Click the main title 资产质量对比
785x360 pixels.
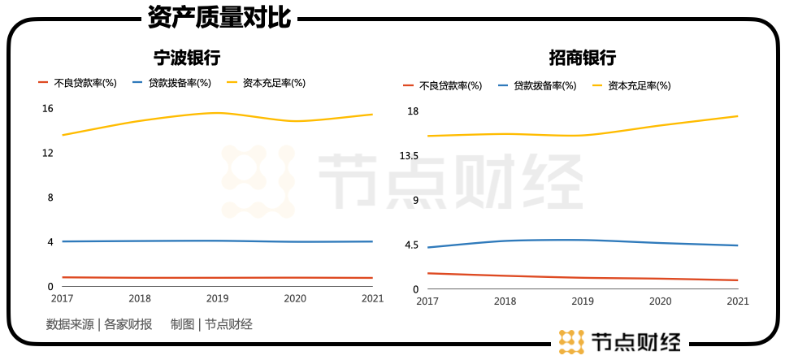(219, 18)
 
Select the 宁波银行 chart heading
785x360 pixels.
(188, 58)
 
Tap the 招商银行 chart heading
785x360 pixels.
(582, 58)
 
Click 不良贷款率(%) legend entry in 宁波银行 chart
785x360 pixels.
(85, 82)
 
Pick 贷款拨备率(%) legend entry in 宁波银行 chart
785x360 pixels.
(180, 82)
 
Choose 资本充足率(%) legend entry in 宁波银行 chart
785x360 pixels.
(274, 82)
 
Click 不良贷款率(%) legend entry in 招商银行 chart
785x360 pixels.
(450, 85)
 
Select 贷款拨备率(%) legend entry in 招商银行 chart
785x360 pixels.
(544, 85)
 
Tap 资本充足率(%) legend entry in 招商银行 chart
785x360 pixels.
(640, 85)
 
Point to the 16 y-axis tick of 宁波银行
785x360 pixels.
(48, 109)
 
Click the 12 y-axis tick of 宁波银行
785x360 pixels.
(48, 153)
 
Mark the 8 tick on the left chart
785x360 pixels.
(50, 197)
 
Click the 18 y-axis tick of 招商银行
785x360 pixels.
(413, 111)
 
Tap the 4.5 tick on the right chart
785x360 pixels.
(410, 245)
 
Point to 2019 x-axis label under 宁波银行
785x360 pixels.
(217, 299)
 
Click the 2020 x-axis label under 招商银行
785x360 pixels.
(661, 301)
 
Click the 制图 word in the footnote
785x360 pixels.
(182, 324)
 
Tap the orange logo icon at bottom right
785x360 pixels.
(572, 341)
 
